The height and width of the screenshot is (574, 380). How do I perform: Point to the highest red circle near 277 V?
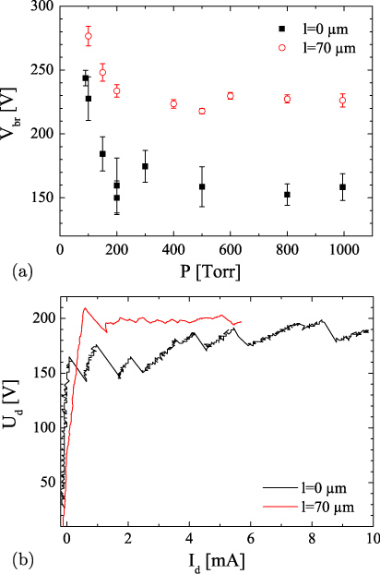[89, 37]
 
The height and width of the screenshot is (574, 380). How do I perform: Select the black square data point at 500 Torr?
[202, 186]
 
